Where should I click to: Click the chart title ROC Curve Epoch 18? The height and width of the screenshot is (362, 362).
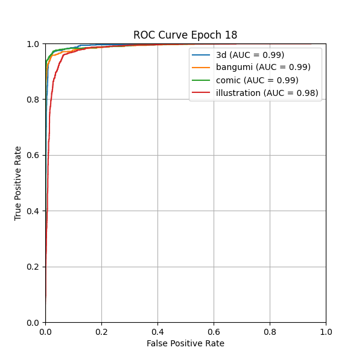point(185,35)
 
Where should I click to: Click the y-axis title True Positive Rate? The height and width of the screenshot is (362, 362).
point(18,183)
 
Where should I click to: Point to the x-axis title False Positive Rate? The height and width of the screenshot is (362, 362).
point(185,343)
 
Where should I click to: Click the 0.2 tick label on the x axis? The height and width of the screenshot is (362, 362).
point(101,331)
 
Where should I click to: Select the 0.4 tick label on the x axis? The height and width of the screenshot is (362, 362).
point(157,331)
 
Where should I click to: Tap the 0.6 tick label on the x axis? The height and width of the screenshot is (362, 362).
point(214,331)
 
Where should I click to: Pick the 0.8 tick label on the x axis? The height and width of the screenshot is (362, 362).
point(270,331)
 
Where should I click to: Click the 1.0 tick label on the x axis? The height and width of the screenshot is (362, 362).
point(326,331)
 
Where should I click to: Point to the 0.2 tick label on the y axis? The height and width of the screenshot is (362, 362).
point(34,267)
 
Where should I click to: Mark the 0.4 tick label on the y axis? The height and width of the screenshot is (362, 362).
point(34,211)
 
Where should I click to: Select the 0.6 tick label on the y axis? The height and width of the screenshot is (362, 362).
point(34,156)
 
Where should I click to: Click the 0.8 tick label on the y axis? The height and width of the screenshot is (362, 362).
point(34,100)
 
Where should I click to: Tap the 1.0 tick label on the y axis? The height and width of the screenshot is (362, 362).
point(34,44)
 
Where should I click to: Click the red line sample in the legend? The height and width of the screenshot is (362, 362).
point(202,93)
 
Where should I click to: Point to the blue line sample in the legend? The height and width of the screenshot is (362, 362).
point(202,55)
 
